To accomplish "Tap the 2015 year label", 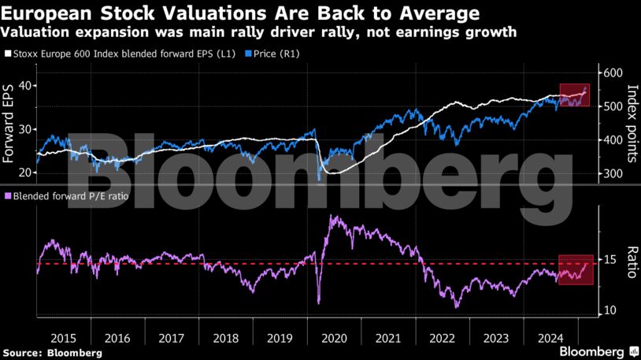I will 61,337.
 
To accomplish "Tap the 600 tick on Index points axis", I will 611,72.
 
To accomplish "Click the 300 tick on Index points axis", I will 611,174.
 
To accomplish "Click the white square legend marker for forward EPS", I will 8,54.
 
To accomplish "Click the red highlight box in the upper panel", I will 574,95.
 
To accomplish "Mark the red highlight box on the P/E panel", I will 576,269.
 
